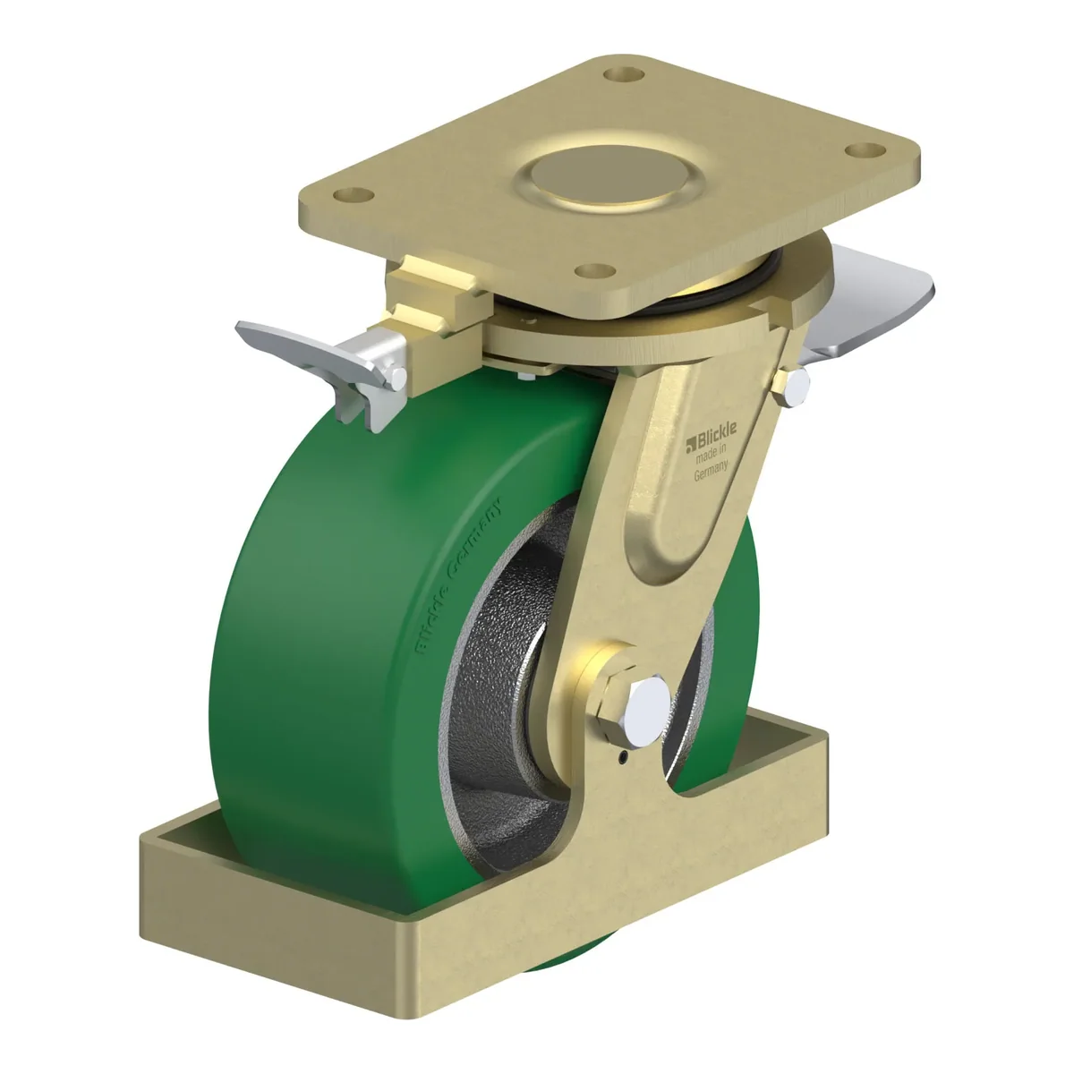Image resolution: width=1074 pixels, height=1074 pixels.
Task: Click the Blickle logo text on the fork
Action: pos(712,434)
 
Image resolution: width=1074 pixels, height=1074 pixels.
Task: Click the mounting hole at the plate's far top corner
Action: pos(624,74)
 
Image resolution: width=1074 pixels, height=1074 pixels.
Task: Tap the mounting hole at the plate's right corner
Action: pos(865,150)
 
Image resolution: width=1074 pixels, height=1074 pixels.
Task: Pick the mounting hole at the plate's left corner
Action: pos(354,195)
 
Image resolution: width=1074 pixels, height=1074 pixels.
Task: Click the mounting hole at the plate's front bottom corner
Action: pos(595,270)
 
